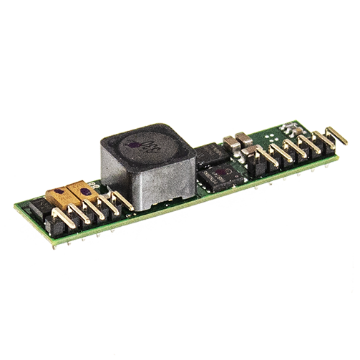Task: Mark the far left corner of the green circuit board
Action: (16, 208)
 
